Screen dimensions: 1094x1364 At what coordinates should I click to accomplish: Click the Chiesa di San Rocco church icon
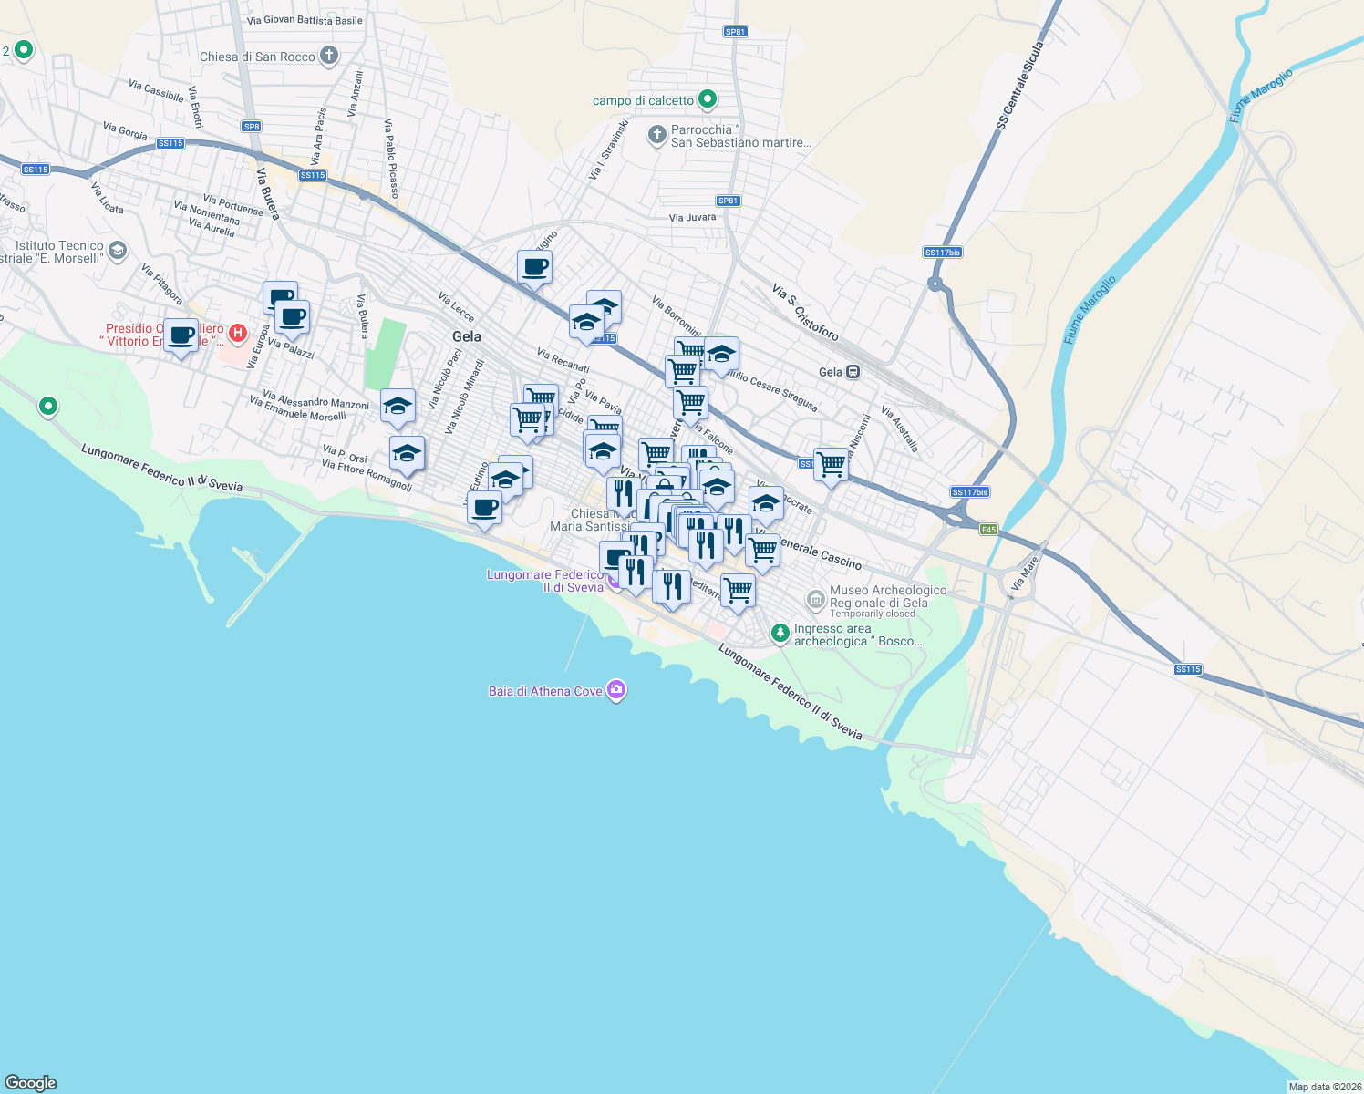[329, 56]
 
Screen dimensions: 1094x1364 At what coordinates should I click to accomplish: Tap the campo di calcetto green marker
[708, 99]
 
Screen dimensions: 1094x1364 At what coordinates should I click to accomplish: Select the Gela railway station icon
[852, 372]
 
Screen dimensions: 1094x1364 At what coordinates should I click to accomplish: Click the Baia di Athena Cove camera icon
[616, 690]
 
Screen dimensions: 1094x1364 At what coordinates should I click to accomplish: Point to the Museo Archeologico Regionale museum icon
[815, 599]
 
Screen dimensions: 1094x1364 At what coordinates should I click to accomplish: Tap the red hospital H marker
[238, 333]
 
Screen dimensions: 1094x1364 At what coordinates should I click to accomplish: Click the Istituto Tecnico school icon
[117, 250]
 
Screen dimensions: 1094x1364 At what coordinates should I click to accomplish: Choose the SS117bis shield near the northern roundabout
[942, 253]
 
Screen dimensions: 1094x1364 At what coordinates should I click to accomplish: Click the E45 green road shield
[988, 529]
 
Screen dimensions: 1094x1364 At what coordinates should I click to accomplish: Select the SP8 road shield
[252, 127]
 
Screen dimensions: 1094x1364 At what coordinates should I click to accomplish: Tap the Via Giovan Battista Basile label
[305, 20]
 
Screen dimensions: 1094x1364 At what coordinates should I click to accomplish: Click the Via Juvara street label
[692, 218]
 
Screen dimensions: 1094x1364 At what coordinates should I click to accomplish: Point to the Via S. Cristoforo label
[805, 312]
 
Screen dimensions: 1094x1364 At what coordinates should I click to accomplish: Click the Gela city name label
[467, 336]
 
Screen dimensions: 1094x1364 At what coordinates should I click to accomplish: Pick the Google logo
[31, 1083]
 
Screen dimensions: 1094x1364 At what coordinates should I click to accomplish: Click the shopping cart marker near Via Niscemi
[831, 465]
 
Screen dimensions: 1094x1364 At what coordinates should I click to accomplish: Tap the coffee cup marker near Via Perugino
[534, 267]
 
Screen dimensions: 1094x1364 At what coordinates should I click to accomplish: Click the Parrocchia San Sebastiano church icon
[656, 136]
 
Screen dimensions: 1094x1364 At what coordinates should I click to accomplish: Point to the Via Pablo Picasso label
[391, 159]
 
